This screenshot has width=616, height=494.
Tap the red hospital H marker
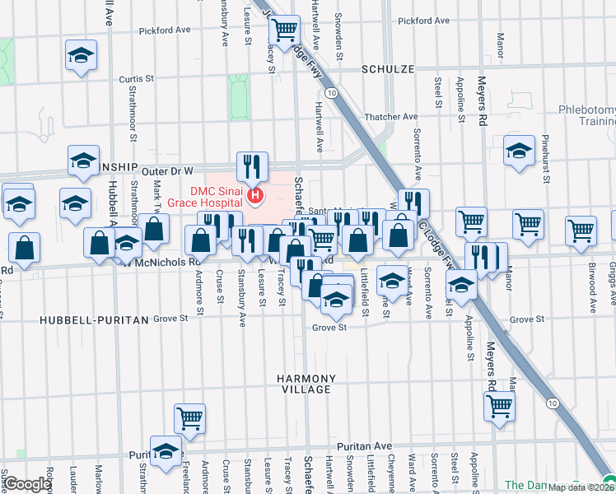tap(255, 196)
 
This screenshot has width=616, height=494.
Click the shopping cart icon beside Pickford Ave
tap(284, 30)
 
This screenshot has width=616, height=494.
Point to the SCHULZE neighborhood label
tap(387, 70)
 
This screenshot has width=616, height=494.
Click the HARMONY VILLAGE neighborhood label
tap(306, 384)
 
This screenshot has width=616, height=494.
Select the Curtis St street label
tap(137, 79)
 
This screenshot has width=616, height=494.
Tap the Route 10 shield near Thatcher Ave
tap(330, 94)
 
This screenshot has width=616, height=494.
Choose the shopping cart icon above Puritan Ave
tap(190, 418)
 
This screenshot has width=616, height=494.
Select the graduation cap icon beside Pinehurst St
tap(519, 151)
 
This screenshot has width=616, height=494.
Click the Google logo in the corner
tap(27, 484)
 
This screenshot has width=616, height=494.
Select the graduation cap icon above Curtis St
tap(81, 55)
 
